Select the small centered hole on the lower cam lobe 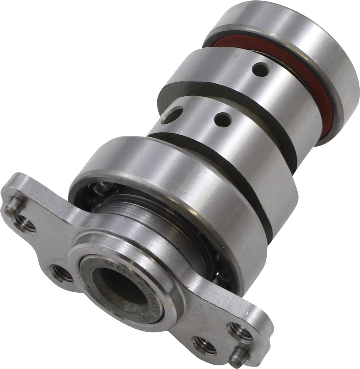pyautogui.click(x=222, y=118)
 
